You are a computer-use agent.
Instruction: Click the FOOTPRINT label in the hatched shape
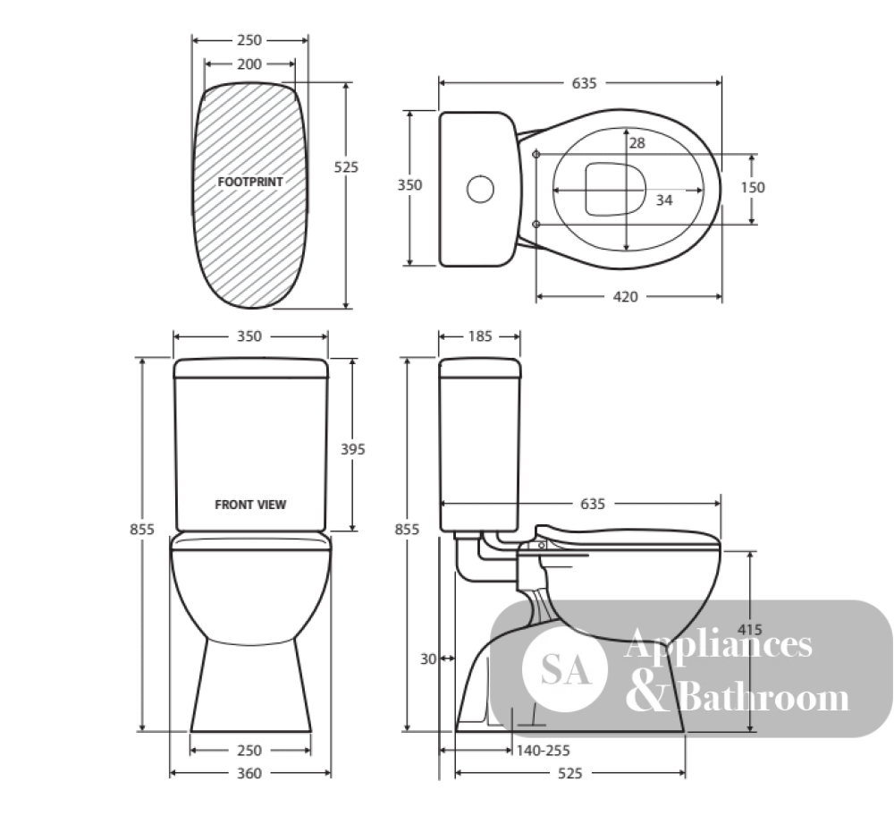point(250,182)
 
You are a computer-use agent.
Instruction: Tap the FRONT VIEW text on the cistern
point(250,505)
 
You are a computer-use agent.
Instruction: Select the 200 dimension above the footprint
point(249,64)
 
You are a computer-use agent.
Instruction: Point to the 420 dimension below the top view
point(626,297)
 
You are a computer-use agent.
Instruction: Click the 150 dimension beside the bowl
point(753,187)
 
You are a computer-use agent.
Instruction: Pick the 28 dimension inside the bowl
point(637,143)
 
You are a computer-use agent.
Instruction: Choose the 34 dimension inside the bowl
point(664,200)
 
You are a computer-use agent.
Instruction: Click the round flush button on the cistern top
point(480,190)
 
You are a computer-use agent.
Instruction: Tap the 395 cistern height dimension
point(353,450)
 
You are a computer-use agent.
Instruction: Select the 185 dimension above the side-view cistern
point(480,336)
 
